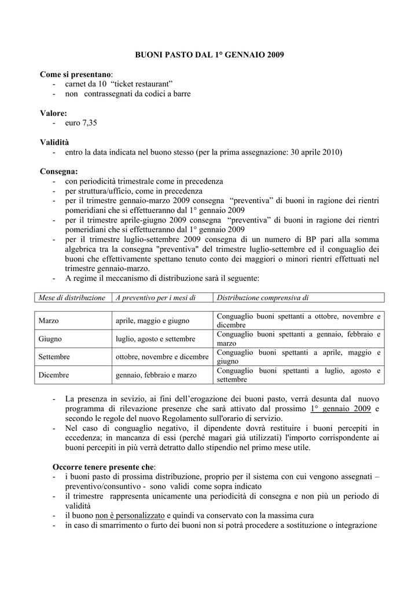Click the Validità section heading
[x=57, y=142]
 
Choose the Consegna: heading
[x=59, y=171]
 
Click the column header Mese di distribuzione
[x=72, y=298]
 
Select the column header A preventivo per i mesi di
[x=156, y=298]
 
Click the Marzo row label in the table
[x=49, y=320]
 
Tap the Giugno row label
[x=50, y=338]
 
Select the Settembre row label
[x=54, y=357]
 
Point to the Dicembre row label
[x=54, y=375]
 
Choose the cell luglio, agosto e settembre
[x=155, y=338]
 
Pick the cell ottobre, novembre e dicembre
[x=162, y=357]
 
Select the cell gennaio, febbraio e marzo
[x=156, y=375]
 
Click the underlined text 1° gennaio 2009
[x=340, y=408]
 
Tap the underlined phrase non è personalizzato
[x=130, y=515]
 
